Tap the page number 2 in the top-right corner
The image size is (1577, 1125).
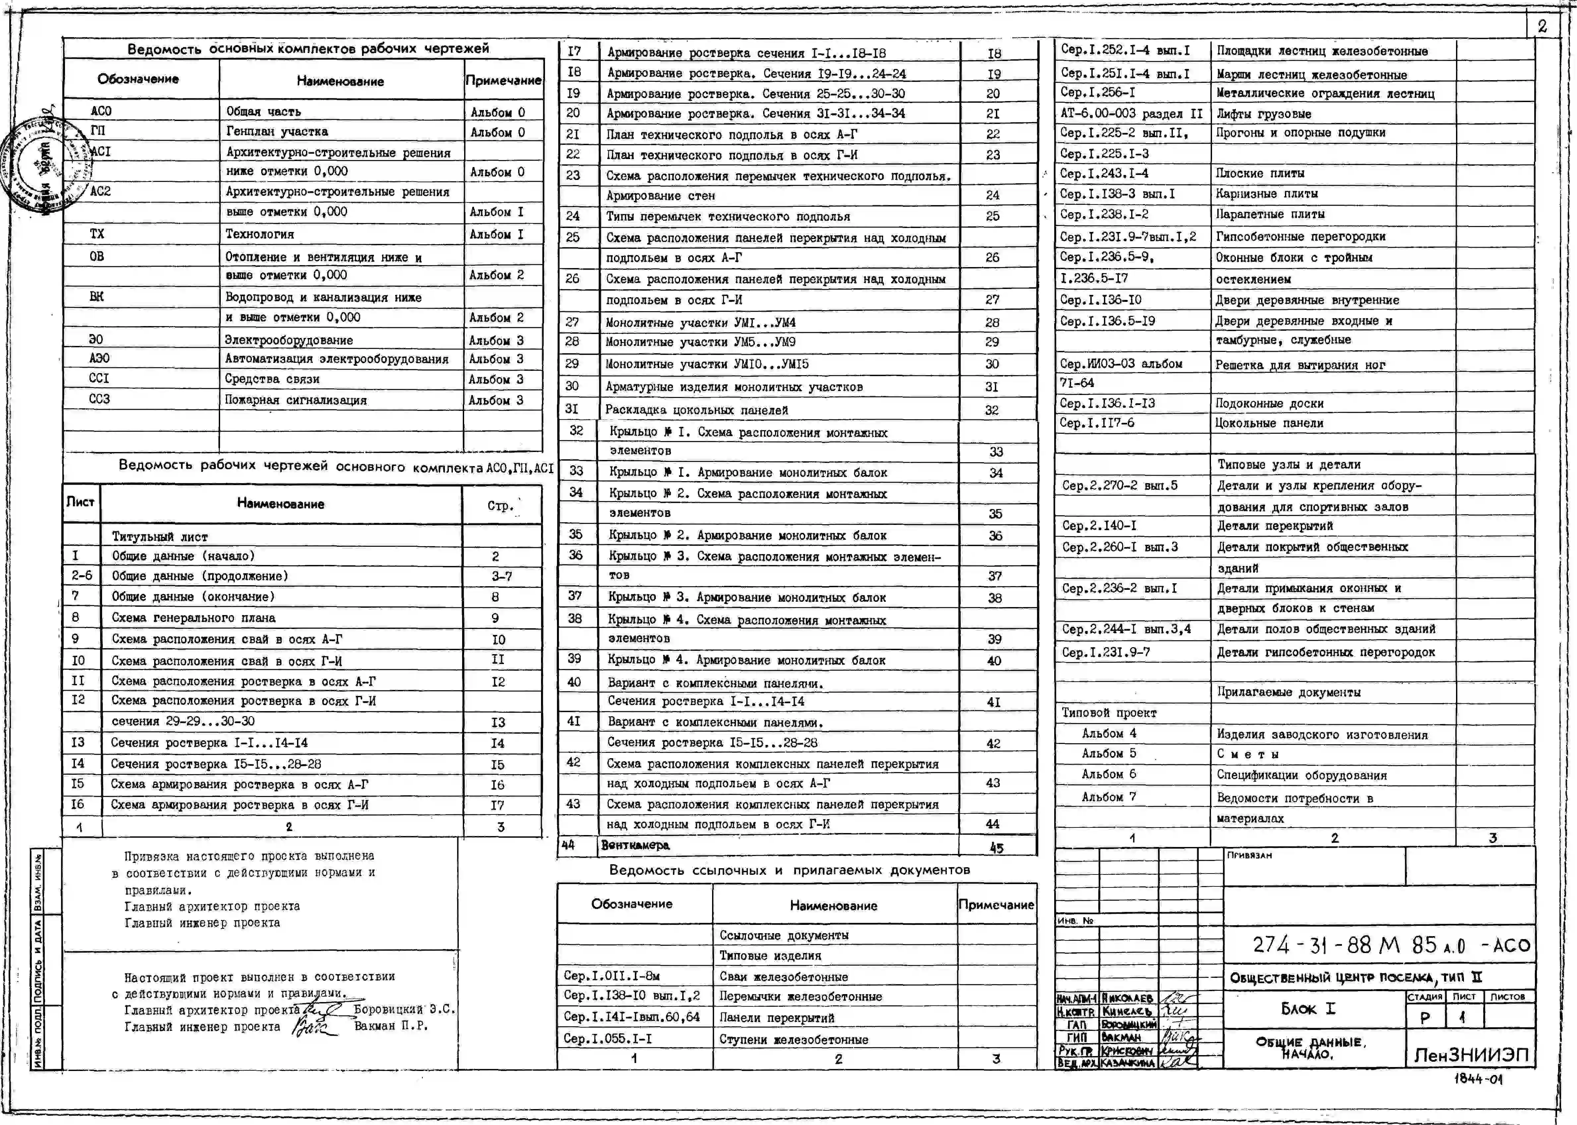tap(1542, 26)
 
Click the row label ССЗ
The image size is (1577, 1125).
tap(99, 399)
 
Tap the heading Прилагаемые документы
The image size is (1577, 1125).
tap(1288, 692)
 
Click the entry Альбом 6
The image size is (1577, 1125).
tap(1109, 774)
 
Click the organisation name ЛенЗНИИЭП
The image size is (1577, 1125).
tap(1470, 1055)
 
